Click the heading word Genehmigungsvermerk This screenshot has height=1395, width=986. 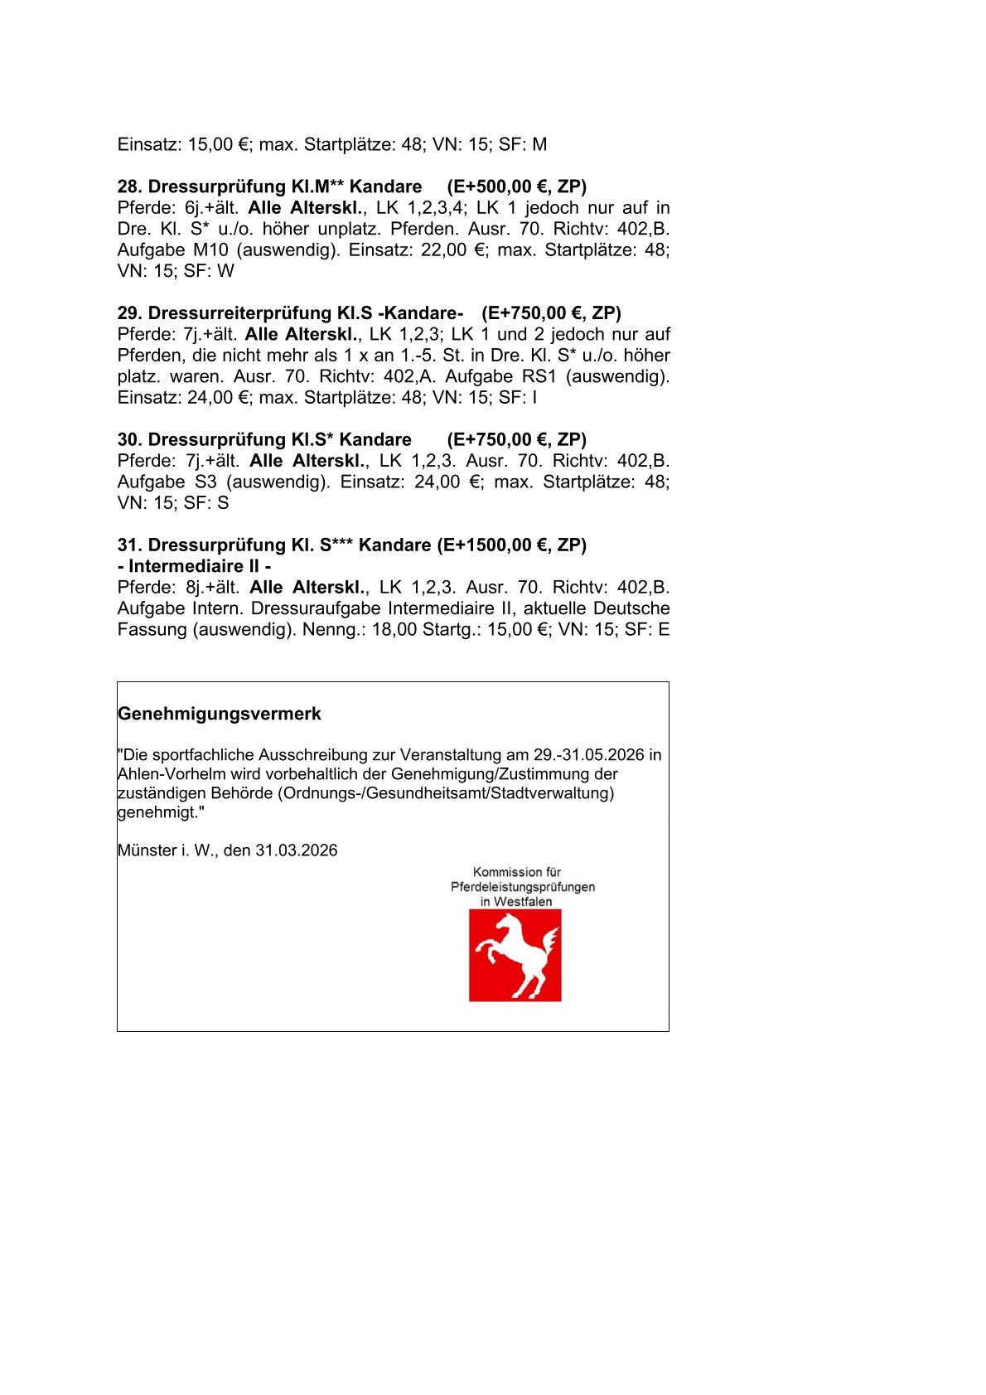220,714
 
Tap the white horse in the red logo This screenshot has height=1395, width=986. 515,955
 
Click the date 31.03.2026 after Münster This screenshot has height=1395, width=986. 296,850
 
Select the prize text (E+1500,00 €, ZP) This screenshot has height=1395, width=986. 509,545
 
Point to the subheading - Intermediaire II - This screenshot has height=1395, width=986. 195,566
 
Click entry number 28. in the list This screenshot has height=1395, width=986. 130,186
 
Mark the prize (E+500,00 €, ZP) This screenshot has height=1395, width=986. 516,186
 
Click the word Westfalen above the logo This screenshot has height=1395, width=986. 523,902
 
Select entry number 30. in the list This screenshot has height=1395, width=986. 130,439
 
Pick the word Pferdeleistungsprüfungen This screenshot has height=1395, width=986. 523,887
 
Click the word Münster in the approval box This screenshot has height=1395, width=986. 147,850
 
